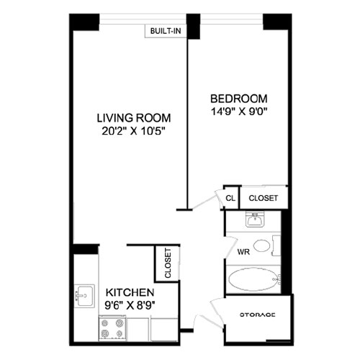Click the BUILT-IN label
(166, 31)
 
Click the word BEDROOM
(239, 99)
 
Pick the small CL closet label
(230, 197)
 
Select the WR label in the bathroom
(243, 253)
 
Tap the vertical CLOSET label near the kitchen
(167, 264)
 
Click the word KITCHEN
(130, 293)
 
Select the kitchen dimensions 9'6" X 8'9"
(130, 305)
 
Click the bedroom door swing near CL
(212, 199)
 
